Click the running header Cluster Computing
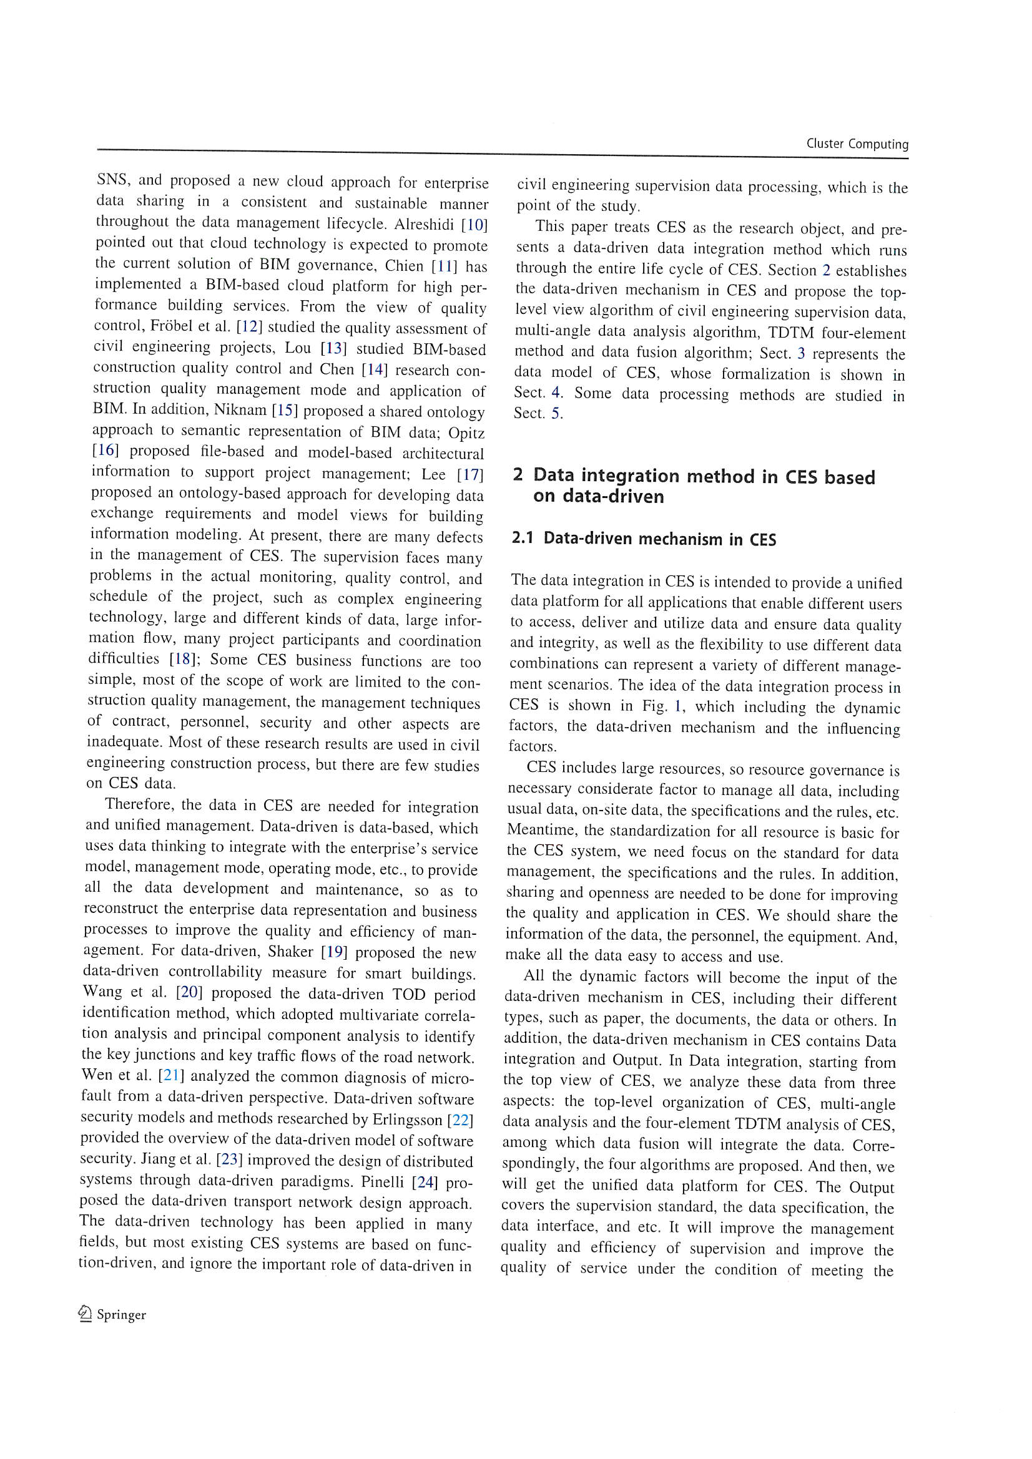click(857, 144)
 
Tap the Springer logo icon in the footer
click(85, 1314)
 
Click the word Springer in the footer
click(122, 1315)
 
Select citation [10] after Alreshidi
click(474, 225)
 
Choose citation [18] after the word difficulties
click(184, 659)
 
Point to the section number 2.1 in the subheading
click(522, 538)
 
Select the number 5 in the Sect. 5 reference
click(556, 414)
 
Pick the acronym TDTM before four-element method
click(790, 333)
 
